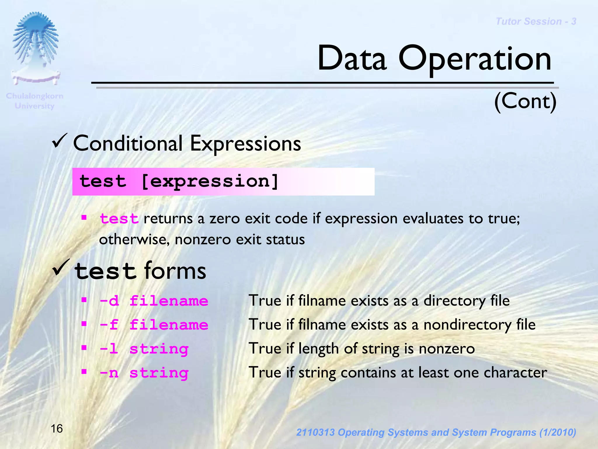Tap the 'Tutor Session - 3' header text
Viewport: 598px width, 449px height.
point(536,21)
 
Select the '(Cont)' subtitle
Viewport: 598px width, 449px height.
point(525,101)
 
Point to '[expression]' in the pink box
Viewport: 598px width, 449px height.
point(210,181)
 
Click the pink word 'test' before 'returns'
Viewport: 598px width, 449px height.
point(119,219)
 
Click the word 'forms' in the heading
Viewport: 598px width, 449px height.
point(175,271)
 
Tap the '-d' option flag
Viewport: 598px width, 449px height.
point(109,301)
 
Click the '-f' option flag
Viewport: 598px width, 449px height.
point(109,325)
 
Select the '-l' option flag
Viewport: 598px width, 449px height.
point(109,349)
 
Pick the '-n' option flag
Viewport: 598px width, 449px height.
point(109,373)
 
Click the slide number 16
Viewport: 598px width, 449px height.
point(57,429)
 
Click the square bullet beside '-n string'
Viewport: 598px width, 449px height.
point(84,372)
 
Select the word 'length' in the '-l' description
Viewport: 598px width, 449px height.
point(318,349)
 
